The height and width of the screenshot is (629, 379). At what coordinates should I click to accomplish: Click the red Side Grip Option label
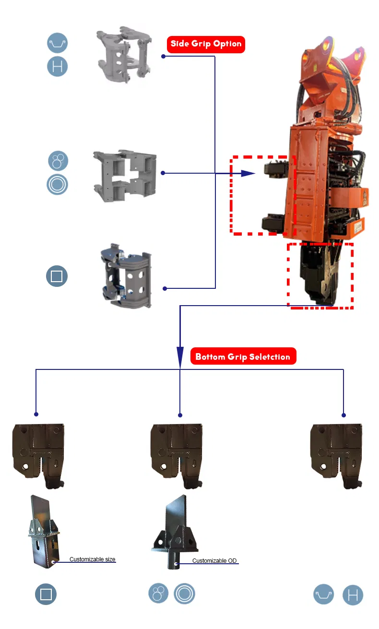click(206, 44)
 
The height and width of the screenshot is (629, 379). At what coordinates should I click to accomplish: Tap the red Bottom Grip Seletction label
click(243, 357)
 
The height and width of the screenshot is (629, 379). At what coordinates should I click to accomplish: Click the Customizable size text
click(93, 559)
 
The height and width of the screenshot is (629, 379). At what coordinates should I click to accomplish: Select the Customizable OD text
click(214, 560)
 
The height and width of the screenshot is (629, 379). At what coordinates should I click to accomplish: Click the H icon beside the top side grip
click(57, 66)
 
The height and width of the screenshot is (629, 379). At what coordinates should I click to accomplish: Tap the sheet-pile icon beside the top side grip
click(57, 43)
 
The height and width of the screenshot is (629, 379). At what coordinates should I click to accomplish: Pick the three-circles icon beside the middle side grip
click(58, 161)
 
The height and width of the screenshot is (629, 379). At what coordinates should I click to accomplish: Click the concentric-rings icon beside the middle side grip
click(57, 184)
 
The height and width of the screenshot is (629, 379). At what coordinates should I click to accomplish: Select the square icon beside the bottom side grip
click(57, 276)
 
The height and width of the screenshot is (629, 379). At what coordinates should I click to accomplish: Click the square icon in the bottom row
click(46, 594)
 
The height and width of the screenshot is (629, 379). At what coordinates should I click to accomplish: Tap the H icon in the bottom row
click(353, 595)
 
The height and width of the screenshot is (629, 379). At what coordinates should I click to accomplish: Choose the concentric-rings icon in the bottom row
click(184, 594)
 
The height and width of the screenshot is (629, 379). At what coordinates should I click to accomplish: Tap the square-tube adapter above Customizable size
click(43, 530)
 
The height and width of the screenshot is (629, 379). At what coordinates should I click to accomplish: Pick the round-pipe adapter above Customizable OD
click(175, 533)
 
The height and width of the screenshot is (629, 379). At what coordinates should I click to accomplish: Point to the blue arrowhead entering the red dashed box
click(247, 173)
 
